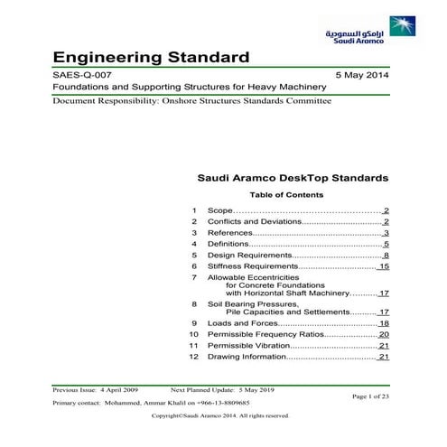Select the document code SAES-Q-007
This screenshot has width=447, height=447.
84,76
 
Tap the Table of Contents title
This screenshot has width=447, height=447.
284,195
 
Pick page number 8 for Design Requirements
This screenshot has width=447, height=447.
386,256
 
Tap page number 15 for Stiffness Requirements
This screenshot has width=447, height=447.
383,267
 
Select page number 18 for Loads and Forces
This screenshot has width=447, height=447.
383,323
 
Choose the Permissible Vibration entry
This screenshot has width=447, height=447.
248,346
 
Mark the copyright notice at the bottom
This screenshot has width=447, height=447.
220,416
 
